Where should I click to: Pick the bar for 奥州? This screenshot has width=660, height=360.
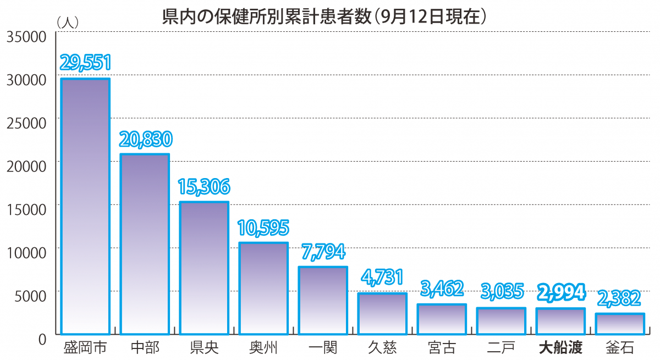263,288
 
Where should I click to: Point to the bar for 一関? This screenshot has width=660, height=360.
323,300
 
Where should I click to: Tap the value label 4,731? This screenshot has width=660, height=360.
382,278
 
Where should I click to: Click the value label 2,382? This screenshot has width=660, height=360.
620,298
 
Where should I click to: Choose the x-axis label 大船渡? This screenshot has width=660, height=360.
560,348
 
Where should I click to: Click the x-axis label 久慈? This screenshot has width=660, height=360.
382,348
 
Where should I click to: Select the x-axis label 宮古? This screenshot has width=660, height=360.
442,348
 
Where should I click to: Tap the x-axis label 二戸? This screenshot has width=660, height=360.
501,348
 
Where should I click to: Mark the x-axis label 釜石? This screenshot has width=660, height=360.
620,348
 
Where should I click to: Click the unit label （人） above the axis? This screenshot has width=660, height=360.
68,22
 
